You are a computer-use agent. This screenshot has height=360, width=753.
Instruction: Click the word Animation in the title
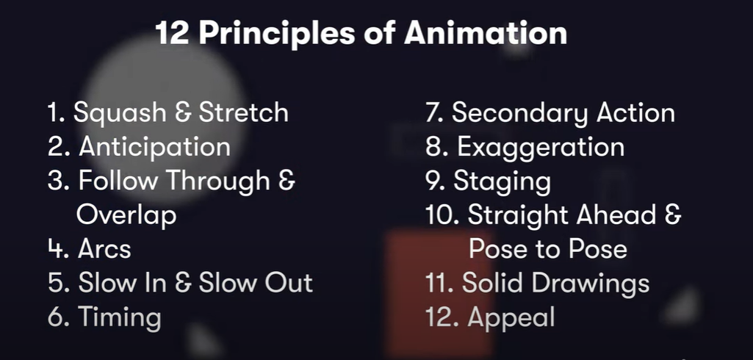pos(486,33)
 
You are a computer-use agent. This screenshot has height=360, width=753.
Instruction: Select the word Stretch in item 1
pos(243,112)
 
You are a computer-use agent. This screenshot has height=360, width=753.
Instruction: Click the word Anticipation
pos(154,148)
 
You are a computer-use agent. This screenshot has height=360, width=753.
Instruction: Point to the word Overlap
pos(126,216)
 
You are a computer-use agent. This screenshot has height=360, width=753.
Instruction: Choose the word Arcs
pos(104,249)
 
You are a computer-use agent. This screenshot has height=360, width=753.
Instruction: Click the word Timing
pos(120,318)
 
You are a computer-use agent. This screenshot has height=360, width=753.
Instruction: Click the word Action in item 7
pos(635,112)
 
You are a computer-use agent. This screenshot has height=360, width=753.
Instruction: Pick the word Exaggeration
pos(541,148)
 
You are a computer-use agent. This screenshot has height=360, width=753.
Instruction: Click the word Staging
pos(502,182)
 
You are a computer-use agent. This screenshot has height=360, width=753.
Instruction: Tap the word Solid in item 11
pos(492,283)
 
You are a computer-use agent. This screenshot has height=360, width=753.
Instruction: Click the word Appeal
pos(511,318)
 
